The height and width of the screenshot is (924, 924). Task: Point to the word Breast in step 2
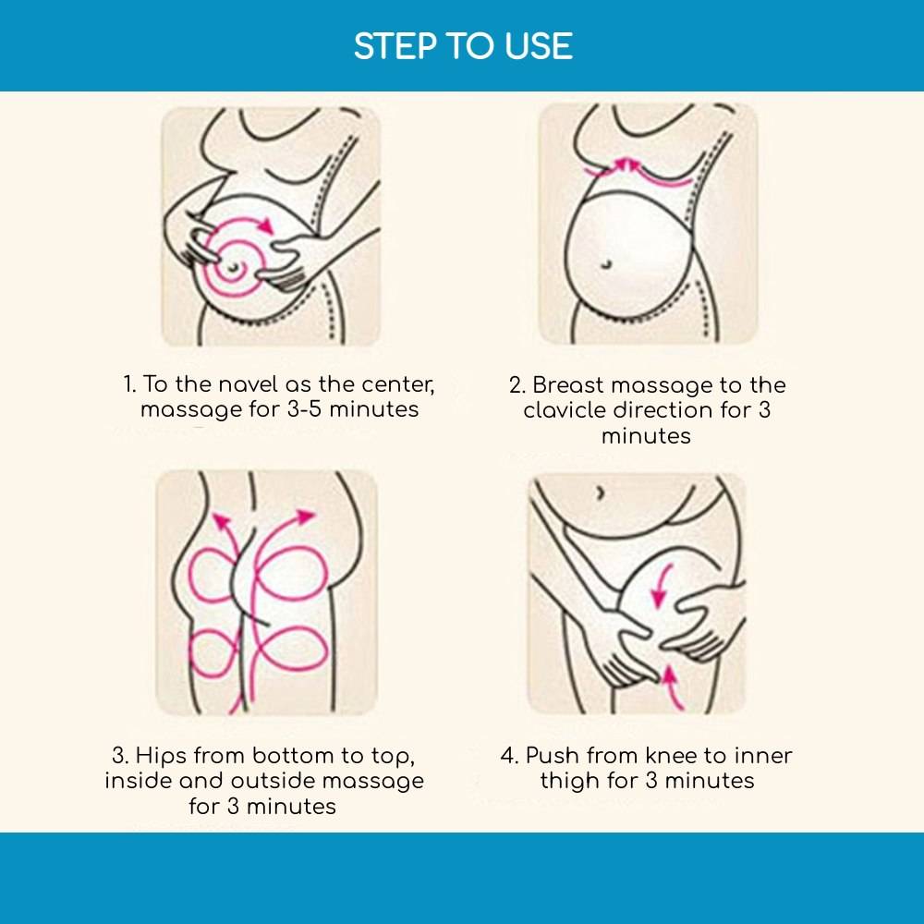pos(568,384)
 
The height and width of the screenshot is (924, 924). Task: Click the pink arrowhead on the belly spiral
pos(266,225)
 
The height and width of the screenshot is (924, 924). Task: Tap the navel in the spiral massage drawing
pos(234,268)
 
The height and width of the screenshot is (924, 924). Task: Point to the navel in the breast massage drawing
pos(606,264)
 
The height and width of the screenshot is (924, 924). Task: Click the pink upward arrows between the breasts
pos(626,165)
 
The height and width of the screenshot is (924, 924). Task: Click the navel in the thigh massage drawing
pos(600,492)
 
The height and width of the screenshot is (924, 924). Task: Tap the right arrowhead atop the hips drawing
pos(305,517)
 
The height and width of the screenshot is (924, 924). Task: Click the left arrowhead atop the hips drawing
pos(221,521)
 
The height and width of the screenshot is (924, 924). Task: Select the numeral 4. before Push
pos(509,756)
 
